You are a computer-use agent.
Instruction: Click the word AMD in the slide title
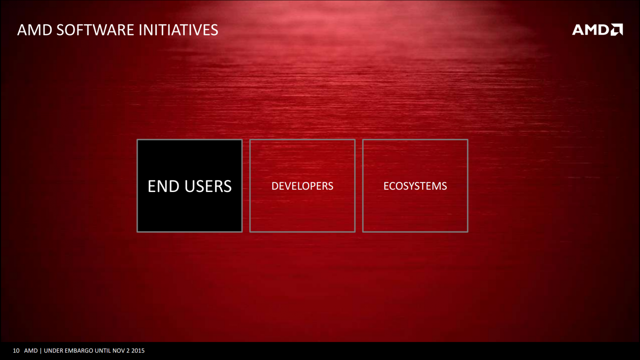(x=35, y=30)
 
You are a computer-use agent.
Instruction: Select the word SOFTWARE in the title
(x=96, y=30)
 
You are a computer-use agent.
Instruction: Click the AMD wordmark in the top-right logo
(x=591, y=30)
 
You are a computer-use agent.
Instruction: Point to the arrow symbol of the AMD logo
(x=617, y=30)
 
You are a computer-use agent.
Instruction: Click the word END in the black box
(x=163, y=186)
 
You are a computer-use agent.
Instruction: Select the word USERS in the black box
(x=208, y=186)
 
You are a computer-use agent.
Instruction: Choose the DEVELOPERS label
(x=302, y=186)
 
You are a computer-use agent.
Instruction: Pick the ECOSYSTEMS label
(x=415, y=186)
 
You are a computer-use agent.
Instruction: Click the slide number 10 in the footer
(x=16, y=351)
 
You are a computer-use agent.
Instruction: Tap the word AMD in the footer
(x=31, y=351)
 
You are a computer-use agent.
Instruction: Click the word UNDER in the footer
(x=53, y=351)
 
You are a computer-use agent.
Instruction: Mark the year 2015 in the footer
(x=138, y=351)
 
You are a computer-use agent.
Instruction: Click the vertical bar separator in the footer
(x=41, y=351)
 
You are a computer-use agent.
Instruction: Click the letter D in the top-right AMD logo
(x=604, y=30)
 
